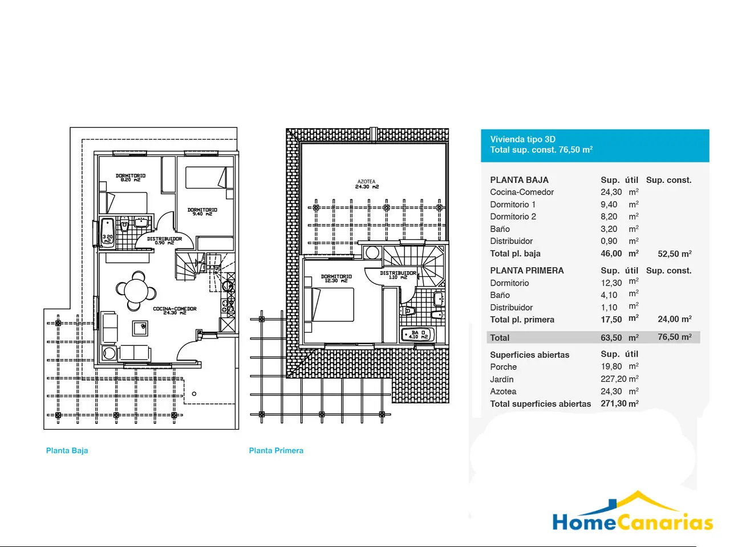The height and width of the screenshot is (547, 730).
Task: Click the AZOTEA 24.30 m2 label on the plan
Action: (x=367, y=184)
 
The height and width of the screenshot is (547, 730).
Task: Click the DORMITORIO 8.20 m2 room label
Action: (x=131, y=177)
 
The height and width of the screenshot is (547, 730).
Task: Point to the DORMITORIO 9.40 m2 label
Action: (x=202, y=211)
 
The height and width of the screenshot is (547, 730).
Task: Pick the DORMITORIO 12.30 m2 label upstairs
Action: (x=336, y=278)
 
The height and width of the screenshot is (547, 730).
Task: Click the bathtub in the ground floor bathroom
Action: (x=107, y=233)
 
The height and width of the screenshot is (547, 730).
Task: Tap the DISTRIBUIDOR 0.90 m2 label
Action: (x=164, y=240)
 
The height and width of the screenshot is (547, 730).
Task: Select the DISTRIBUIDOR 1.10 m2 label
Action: (x=398, y=275)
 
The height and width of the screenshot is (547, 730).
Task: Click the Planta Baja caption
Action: (x=67, y=451)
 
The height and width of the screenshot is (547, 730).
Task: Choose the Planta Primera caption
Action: (x=276, y=451)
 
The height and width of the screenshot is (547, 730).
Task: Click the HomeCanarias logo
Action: (x=632, y=512)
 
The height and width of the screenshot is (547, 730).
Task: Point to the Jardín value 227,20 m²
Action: (x=619, y=379)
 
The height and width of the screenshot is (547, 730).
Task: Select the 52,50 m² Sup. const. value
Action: (x=675, y=254)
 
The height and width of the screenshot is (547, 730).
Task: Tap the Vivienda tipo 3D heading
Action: (x=523, y=139)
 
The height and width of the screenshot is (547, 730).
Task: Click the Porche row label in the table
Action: (x=503, y=367)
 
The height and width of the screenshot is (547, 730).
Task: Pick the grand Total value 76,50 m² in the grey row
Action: (x=675, y=337)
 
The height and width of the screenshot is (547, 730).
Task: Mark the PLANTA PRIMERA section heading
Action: (x=527, y=271)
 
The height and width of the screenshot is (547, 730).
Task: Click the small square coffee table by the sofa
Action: (x=140, y=328)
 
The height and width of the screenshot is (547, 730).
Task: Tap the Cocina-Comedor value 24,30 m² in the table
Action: (x=619, y=192)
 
